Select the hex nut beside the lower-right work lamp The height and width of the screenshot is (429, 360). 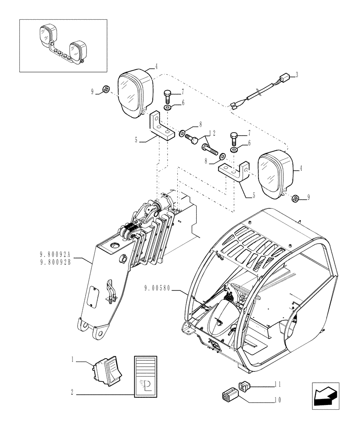pyautogui.click(x=295, y=198)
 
